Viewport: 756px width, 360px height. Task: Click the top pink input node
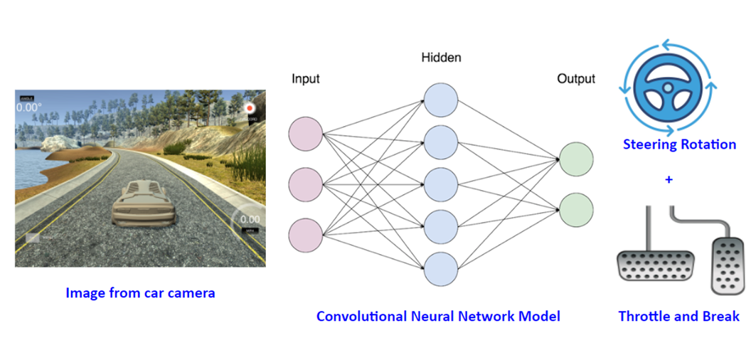point(306,135)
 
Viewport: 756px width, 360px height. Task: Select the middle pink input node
point(306,184)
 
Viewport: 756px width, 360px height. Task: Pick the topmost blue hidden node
point(441,100)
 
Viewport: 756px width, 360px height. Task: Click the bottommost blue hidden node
point(441,268)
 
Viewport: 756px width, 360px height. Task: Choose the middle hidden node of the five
point(441,184)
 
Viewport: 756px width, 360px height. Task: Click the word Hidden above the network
point(441,56)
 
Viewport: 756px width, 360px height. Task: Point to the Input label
point(306,78)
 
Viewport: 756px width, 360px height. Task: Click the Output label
point(576,78)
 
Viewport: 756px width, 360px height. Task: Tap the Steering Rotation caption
point(679,144)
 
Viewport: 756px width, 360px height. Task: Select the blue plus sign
point(669,180)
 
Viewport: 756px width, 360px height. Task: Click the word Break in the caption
point(720,316)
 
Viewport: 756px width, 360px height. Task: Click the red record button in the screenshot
point(250,107)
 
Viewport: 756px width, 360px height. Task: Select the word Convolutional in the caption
point(361,316)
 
